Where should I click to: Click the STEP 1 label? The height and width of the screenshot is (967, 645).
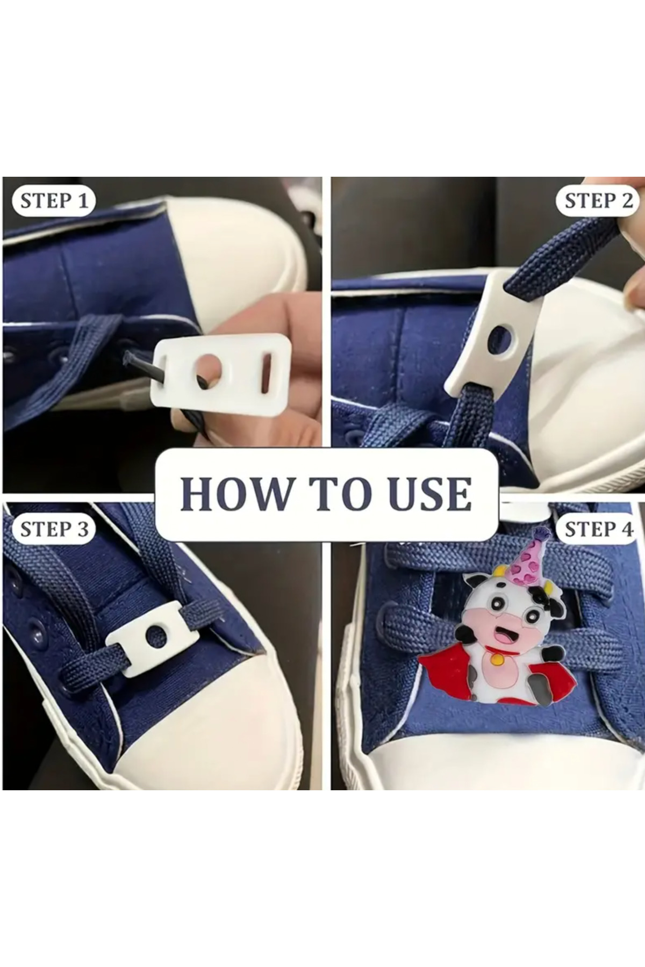[x=53, y=201]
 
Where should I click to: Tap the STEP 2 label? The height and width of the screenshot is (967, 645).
[x=598, y=201]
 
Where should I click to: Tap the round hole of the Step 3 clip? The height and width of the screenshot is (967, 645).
[x=156, y=634]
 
